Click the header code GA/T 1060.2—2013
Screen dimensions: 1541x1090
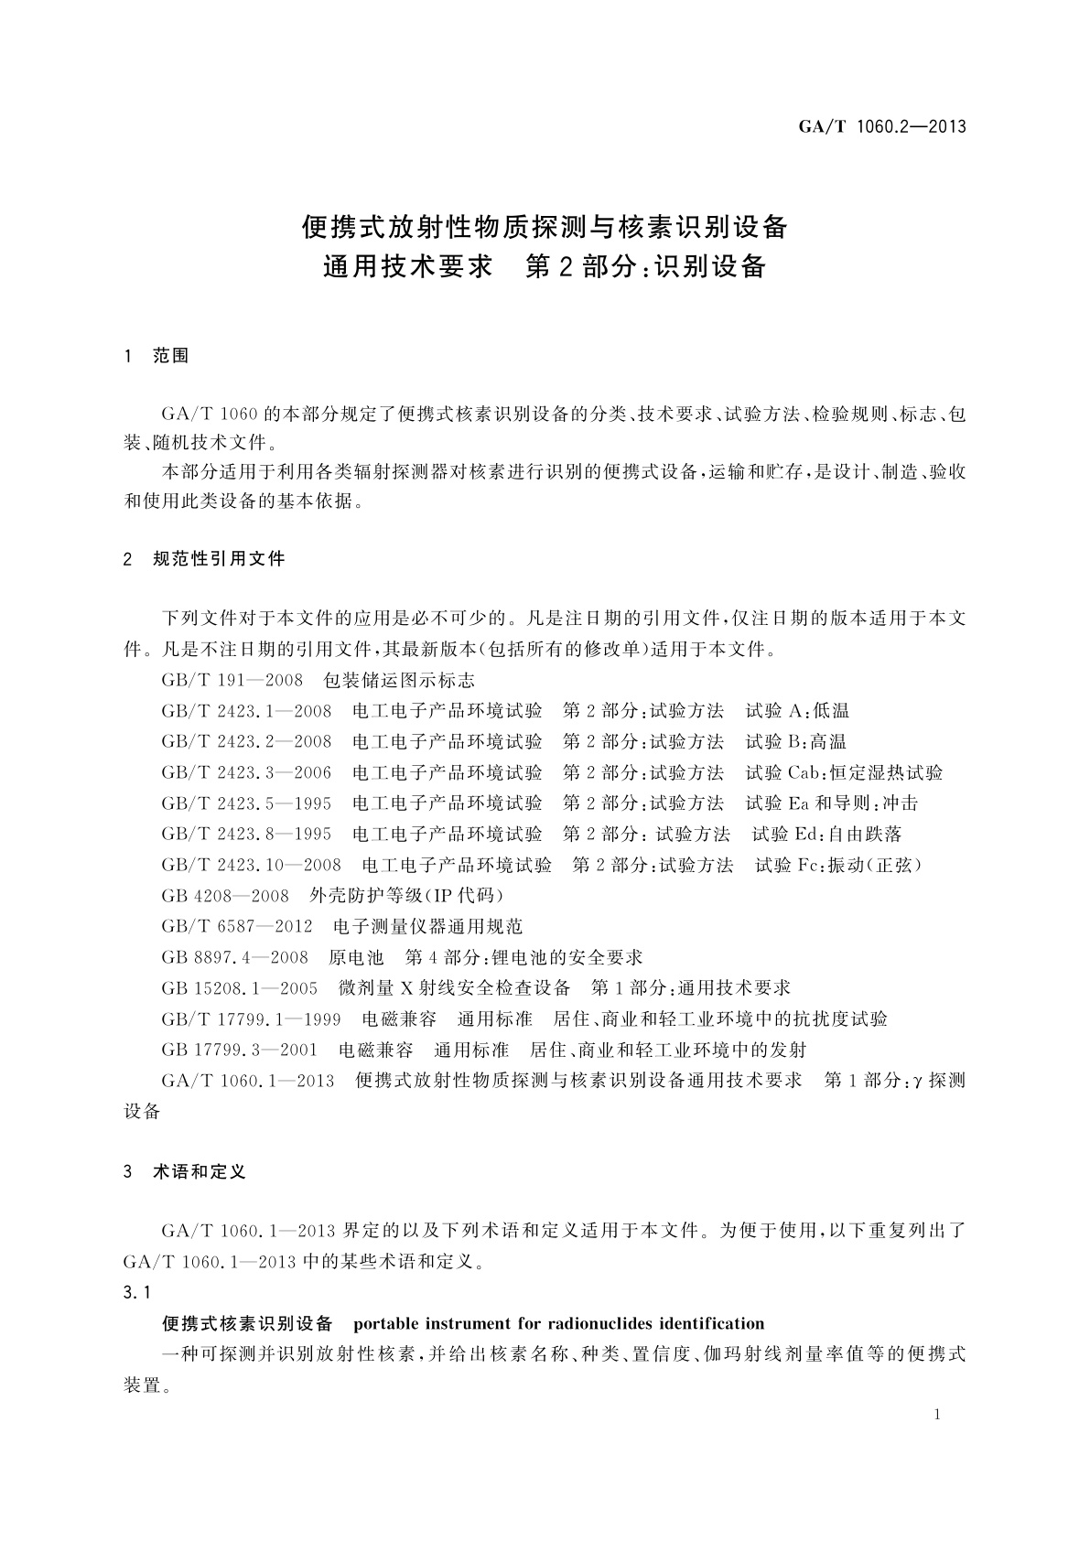pos(881,127)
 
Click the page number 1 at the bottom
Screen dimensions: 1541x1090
pos(936,1415)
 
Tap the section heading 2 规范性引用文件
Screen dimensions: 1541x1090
pos(204,558)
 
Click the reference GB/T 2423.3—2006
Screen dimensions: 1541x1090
pos(246,772)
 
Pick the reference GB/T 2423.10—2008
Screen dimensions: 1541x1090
pos(251,865)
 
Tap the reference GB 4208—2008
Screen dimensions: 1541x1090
pos(225,895)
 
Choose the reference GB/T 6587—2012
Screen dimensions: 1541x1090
pos(237,926)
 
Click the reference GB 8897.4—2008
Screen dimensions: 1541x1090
pos(234,957)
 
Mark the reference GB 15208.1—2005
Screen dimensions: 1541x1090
pos(239,988)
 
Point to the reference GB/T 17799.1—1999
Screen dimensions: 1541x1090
pos(251,1018)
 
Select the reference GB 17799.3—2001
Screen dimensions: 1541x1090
pos(239,1050)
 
